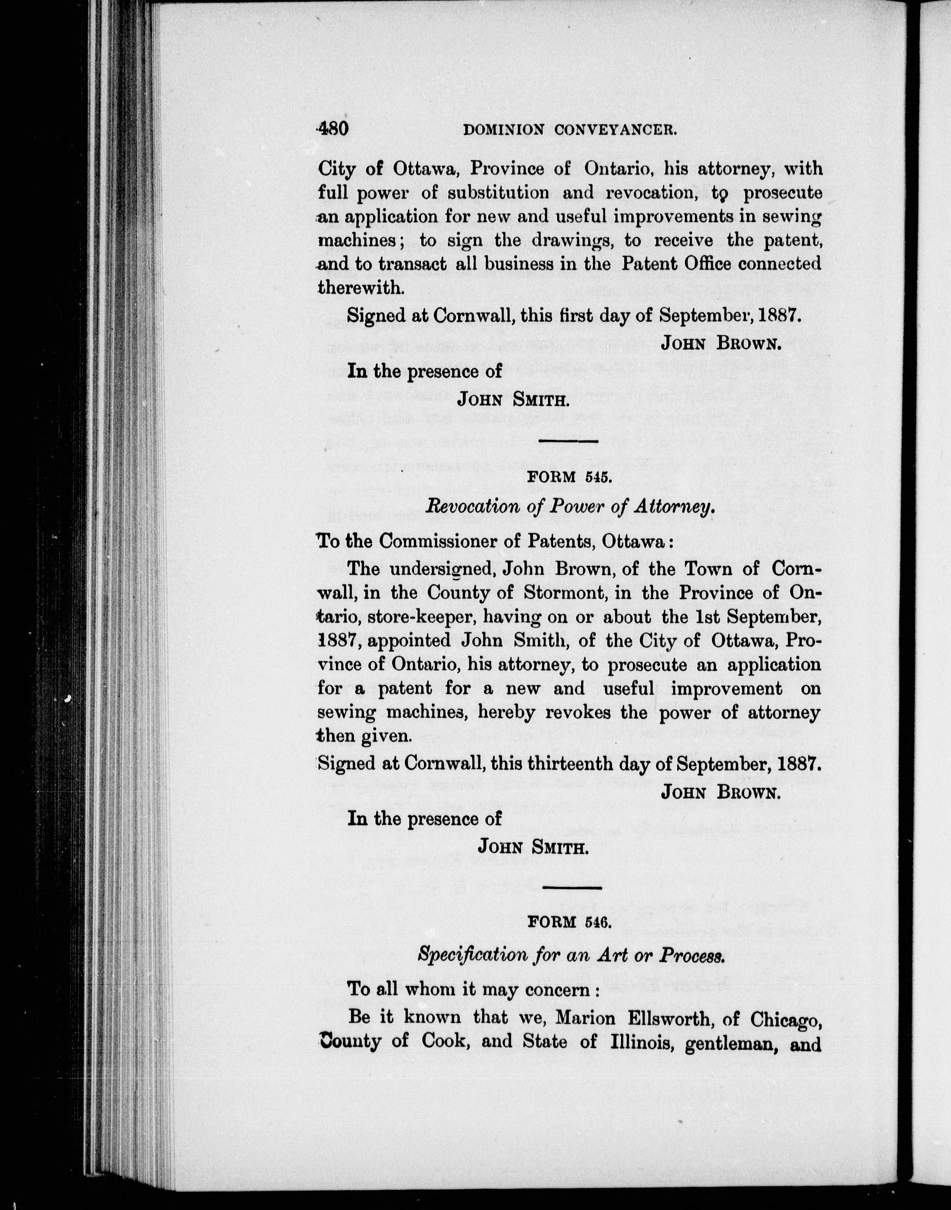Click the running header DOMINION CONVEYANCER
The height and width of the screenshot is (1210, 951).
(x=570, y=130)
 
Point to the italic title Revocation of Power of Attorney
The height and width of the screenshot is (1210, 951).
(x=569, y=507)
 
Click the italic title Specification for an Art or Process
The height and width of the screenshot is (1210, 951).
(x=571, y=956)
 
